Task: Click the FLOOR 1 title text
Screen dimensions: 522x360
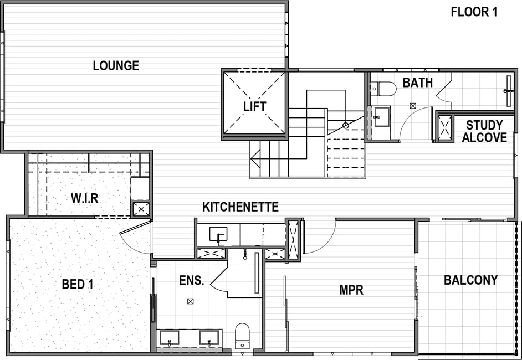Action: pos(474,12)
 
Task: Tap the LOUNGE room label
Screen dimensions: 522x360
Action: pos(116,65)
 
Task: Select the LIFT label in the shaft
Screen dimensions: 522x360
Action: pos(255,106)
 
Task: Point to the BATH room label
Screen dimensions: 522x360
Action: pos(417,83)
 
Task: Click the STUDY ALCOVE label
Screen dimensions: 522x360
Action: pos(484,131)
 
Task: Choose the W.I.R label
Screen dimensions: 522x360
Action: pos(85,198)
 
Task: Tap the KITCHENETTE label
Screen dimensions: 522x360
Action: pos(240,207)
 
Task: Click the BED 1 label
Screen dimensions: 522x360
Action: pos(78,284)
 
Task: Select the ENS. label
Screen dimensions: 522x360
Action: pos(191,280)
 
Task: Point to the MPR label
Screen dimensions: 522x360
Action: pos(351,290)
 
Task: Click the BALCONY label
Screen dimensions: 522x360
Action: pos(470,280)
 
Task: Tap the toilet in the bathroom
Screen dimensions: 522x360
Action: pos(383,89)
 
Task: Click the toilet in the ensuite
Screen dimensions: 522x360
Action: pos(242,336)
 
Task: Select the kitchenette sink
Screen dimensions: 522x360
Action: pos(218,234)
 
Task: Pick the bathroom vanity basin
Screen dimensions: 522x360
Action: pos(381,117)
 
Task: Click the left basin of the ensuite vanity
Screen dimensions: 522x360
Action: pos(169,338)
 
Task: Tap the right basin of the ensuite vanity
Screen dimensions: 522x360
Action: pos(209,338)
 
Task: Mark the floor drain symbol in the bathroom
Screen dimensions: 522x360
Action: pos(413,106)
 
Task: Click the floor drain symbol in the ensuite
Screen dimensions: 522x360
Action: pos(190,301)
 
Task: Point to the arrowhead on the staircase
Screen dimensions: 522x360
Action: pos(255,158)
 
